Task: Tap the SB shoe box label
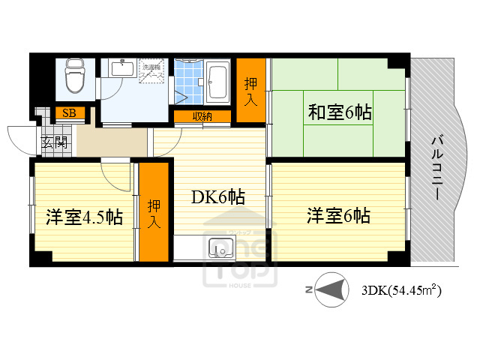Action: click(x=69, y=113)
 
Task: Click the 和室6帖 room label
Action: click(x=340, y=112)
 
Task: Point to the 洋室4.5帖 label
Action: click(x=84, y=217)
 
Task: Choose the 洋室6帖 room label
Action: click(x=338, y=216)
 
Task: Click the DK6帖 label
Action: click(x=217, y=198)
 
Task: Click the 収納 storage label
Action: click(x=201, y=116)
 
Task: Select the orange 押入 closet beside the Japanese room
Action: click(x=252, y=91)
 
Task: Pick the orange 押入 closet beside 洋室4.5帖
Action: click(x=154, y=213)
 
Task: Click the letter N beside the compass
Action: click(x=307, y=289)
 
